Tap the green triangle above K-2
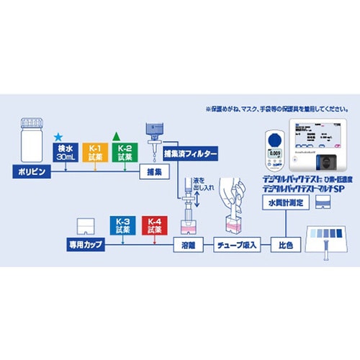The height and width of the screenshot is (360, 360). click(117, 135)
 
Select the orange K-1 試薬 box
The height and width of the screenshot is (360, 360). click(94, 153)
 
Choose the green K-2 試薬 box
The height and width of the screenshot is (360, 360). click(123, 153)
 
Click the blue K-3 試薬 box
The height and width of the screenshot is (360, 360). click(123, 225)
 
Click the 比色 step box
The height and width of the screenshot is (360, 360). click(285, 246)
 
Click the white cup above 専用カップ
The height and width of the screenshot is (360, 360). click(86, 227)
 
